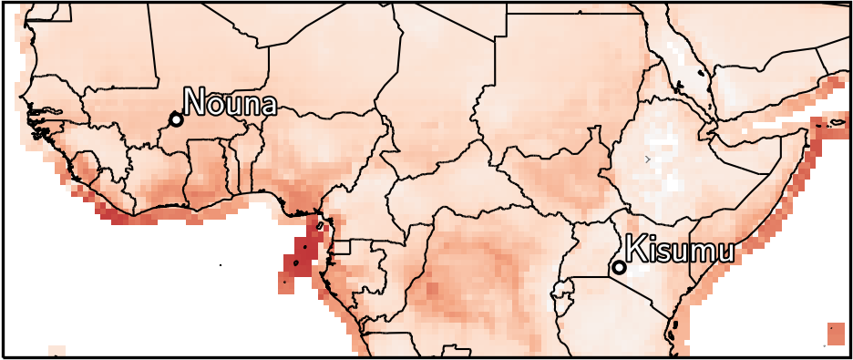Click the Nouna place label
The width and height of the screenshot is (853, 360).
[230, 103]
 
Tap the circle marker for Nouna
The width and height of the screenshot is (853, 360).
[176, 119]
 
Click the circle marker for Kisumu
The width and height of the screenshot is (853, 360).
[619, 267]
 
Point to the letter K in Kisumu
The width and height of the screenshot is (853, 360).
[635, 248]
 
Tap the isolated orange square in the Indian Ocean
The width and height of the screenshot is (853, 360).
[835, 333]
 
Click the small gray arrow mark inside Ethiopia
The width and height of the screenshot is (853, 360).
[647, 159]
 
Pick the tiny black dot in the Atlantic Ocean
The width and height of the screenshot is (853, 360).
[221, 264]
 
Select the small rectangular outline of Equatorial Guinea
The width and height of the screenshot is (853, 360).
[342, 247]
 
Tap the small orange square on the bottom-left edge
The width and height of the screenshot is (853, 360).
[57, 351]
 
